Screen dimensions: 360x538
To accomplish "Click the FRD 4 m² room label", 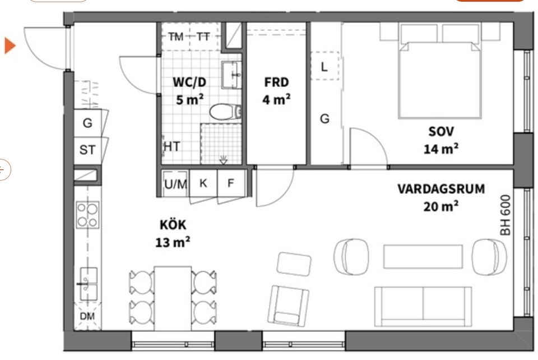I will (276, 91).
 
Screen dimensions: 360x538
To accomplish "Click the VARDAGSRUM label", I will (440, 189).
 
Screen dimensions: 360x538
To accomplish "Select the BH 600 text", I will (505, 214).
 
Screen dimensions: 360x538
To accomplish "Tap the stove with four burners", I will (87, 215).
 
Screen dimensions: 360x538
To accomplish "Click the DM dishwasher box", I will (87, 317).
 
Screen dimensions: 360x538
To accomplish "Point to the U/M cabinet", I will (175, 183).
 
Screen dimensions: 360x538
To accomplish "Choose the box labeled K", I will (203, 183).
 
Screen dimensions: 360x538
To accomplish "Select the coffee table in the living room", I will (423, 256).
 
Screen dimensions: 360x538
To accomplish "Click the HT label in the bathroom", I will (171, 147).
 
